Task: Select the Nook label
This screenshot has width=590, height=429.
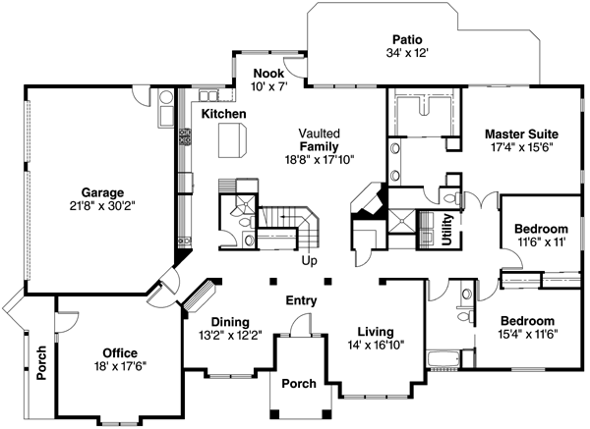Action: click(268, 74)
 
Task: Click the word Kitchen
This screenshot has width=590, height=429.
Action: click(223, 115)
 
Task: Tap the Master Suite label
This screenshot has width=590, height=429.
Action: click(521, 133)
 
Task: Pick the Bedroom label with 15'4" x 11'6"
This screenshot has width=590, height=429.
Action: click(526, 320)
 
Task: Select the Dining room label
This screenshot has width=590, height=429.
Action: click(228, 322)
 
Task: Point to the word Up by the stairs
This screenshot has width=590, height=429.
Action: click(309, 261)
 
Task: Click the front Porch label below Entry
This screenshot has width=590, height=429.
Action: click(299, 384)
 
